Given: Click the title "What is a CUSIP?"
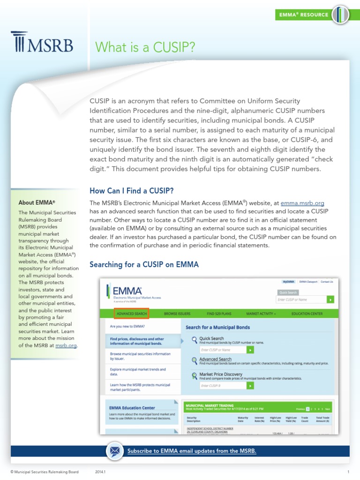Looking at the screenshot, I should point(145,47).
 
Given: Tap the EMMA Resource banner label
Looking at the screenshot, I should point(304,15).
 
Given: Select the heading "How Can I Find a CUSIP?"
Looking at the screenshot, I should point(132,191).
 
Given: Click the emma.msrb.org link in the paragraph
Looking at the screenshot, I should point(302,203).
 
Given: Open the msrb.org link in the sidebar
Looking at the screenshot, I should point(66,345).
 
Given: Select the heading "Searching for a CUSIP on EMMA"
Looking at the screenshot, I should point(144,265).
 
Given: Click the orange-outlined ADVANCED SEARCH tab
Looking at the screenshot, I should point(131,313).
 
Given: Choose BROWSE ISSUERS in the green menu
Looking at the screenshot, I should point(177,313).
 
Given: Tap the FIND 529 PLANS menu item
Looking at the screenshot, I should point(219,313).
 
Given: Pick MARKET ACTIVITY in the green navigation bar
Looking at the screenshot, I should point(261,313).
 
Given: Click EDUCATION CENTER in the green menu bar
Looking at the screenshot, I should point(307,313).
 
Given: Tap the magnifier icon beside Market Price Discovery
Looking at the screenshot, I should point(195,375).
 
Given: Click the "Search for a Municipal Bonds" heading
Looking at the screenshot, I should point(217,327).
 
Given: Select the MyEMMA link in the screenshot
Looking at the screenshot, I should point(288,282).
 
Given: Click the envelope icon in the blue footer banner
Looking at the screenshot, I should point(114,451).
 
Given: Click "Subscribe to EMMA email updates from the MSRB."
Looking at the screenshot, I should point(192,451).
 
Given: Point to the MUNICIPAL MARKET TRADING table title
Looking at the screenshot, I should point(210,404).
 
